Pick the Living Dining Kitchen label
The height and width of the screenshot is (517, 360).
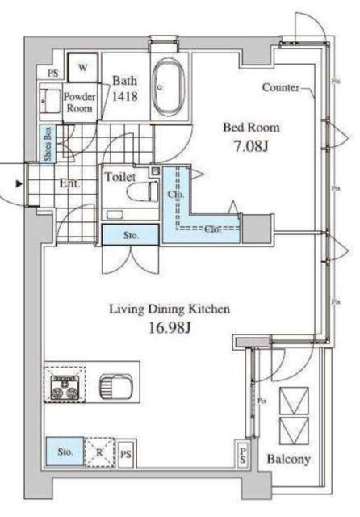click(170, 309)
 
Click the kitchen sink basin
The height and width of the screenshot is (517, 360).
click(113, 385)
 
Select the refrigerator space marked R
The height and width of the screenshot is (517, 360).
click(100, 453)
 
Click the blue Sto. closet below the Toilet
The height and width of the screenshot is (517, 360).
click(130, 235)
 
